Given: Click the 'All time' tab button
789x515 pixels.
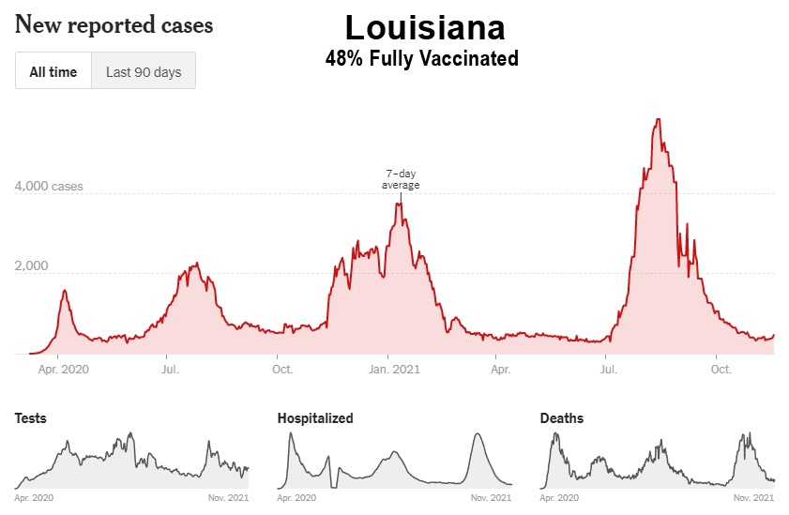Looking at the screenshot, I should click(x=53, y=71).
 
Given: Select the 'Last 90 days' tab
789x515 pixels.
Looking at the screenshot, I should click(x=144, y=71).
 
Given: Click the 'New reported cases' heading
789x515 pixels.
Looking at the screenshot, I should click(x=114, y=25).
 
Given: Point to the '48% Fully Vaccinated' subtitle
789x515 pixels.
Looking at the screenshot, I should click(x=421, y=58).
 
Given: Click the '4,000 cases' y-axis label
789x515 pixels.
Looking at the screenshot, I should click(x=49, y=186).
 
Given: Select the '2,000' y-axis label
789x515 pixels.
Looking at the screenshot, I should click(x=32, y=266).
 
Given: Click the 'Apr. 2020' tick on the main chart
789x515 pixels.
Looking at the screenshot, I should click(x=62, y=370).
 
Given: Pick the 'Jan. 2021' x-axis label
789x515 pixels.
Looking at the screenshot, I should click(x=394, y=370).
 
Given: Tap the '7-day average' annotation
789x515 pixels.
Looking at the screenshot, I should click(x=401, y=179).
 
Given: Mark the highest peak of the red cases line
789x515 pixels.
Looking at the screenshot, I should click(x=659, y=119).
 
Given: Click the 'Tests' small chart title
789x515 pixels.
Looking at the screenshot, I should click(x=30, y=418).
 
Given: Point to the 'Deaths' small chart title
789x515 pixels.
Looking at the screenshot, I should click(x=561, y=418).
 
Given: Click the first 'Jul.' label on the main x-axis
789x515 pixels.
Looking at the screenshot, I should click(x=171, y=370).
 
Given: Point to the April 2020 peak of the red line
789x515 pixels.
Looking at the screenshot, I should click(x=65, y=291).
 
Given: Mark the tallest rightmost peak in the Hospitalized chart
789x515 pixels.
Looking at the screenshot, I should click(x=478, y=433).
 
